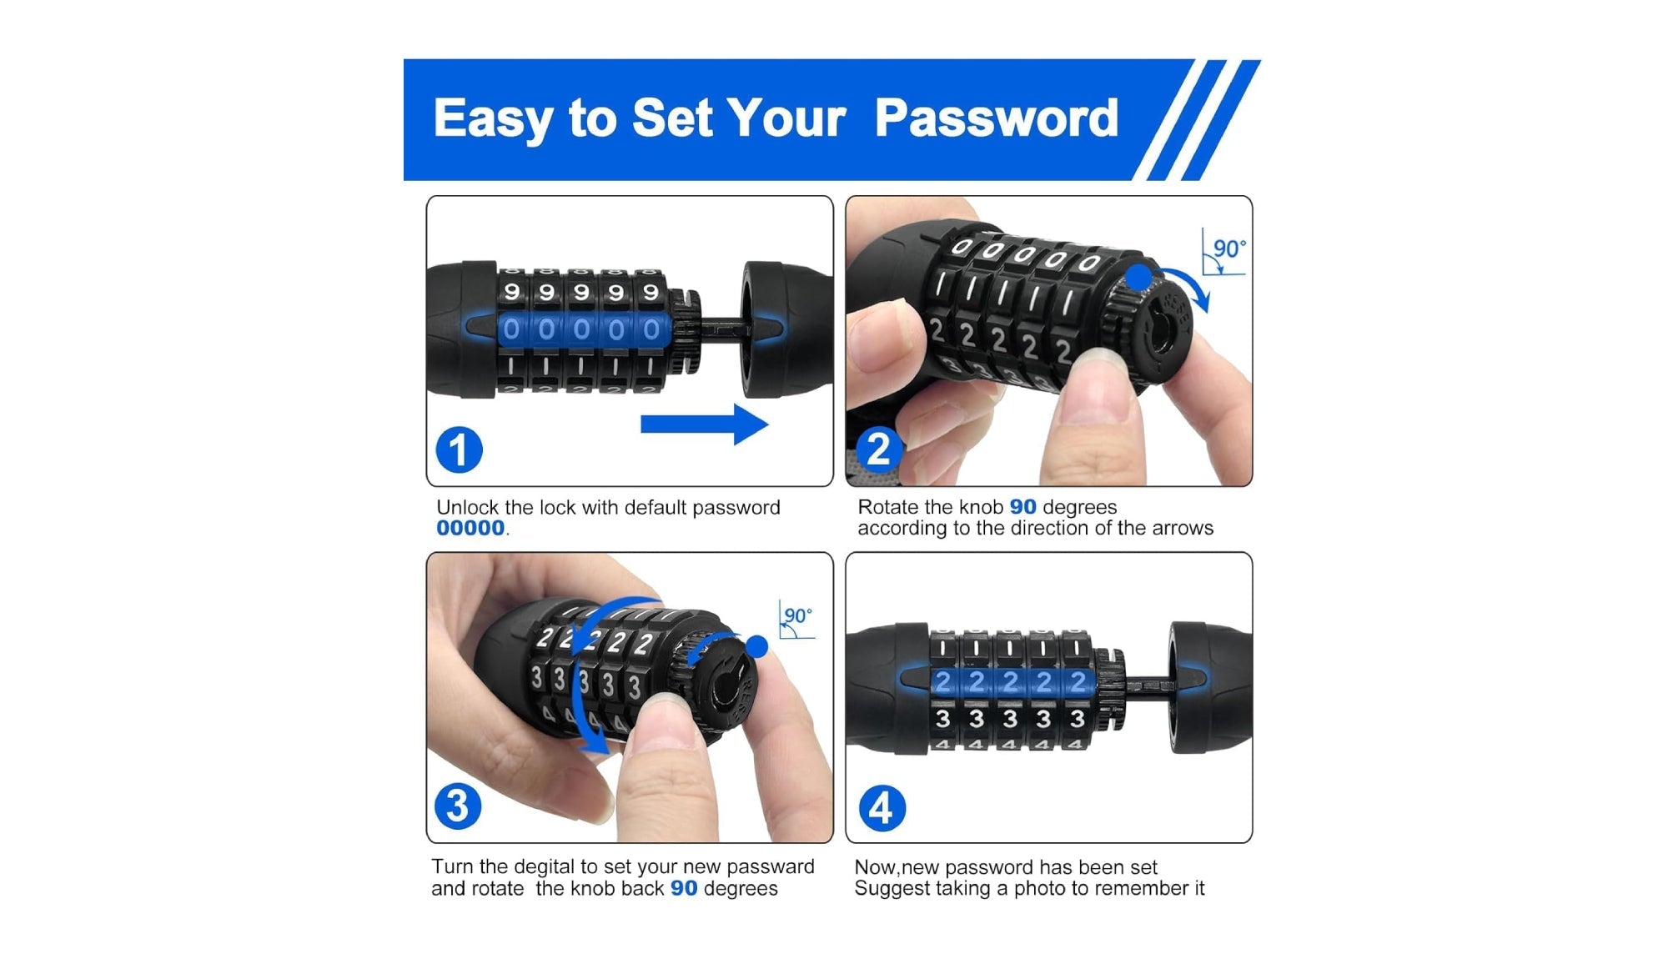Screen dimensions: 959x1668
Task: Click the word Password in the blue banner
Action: tap(996, 118)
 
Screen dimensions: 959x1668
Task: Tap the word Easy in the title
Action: tap(491, 118)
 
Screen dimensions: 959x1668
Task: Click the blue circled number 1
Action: tap(459, 450)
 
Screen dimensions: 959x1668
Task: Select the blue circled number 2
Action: tap(879, 449)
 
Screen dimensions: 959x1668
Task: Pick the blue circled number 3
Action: tap(458, 806)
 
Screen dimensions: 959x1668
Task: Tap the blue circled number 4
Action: tap(882, 808)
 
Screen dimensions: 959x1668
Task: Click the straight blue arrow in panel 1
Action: tap(703, 424)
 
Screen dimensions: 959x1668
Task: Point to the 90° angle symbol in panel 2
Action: tap(1224, 252)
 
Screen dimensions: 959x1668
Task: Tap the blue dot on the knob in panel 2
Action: tap(1139, 277)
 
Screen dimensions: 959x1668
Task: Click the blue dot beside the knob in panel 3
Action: tap(756, 646)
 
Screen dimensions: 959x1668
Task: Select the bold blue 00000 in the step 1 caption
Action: tap(470, 529)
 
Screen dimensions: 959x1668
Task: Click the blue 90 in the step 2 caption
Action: tap(1022, 507)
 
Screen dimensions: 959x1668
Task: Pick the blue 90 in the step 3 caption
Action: tap(684, 889)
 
